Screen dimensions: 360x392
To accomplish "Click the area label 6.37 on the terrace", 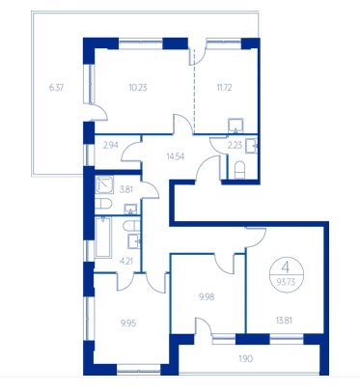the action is point(56,88).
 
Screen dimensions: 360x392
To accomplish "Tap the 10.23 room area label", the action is point(138,88).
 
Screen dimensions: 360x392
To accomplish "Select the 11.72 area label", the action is point(224,87).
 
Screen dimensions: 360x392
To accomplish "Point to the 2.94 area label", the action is point(111,145).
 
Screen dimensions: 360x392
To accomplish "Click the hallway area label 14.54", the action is point(176,156).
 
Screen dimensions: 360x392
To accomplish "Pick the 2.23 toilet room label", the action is point(235,145).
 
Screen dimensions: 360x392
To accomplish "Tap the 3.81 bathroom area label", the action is point(126,189).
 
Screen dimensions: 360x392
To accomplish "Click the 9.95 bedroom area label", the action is point(128,322).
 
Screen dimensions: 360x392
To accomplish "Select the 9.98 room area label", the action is point(207,296).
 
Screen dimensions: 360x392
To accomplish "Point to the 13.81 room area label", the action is point(284,321).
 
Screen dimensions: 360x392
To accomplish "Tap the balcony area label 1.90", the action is point(246,359).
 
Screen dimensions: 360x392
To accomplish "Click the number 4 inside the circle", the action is point(285,267).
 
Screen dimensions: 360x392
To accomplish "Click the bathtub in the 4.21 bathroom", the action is point(103,238).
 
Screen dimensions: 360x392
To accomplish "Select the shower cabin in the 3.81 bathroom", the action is point(104,184).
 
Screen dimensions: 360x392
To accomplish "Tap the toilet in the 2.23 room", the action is point(240,170).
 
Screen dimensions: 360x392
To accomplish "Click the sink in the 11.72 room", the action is point(236,126).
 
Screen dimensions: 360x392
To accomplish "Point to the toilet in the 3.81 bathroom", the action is point(103,204).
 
